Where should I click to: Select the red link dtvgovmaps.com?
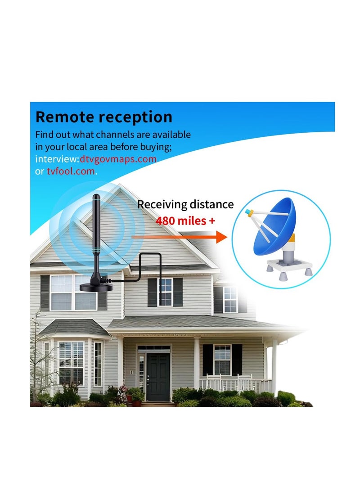tap(118, 159)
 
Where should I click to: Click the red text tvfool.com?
tap(71, 171)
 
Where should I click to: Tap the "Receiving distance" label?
tap(185, 204)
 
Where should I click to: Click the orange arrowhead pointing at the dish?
tap(221, 237)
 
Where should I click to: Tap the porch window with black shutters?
tap(222, 360)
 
